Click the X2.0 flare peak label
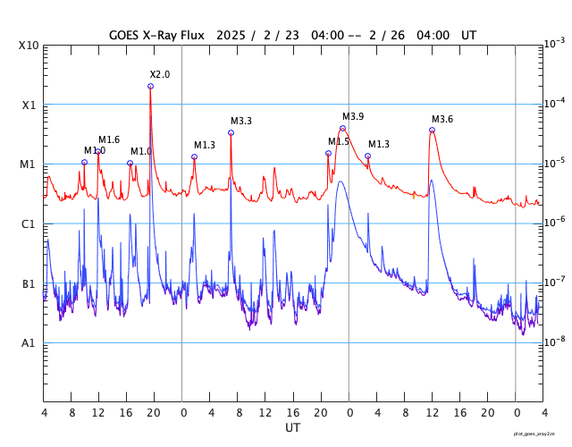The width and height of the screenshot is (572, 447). [x=160, y=74]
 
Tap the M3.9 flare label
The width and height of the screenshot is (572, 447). [x=353, y=117]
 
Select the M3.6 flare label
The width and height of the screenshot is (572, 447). [x=442, y=120]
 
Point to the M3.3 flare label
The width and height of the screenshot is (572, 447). [x=241, y=122]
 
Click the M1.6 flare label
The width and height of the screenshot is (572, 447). [x=109, y=139]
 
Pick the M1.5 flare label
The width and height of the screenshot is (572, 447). [x=339, y=141]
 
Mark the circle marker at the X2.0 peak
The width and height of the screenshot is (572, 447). [x=150, y=86]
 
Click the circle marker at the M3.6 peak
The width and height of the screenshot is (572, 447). [x=432, y=131]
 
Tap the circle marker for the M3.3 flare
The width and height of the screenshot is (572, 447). [x=231, y=132]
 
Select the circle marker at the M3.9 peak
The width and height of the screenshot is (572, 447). [x=342, y=128]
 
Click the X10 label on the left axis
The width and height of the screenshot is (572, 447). [x=29, y=46]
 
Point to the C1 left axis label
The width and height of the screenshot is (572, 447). [x=29, y=224]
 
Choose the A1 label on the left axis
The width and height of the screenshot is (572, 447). [x=29, y=343]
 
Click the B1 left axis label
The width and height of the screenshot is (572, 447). [x=29, y=284]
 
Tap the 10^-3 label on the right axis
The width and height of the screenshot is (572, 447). [x=554, y=44]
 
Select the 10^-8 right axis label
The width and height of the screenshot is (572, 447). [x=554, y=342]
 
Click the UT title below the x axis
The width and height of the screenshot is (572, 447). [x=293, y=428]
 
